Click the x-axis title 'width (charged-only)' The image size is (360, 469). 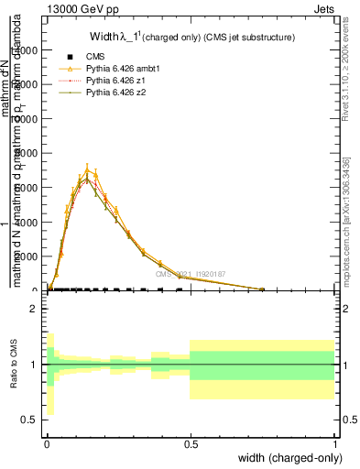pos(292,457)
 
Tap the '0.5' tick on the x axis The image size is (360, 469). pos(191,443)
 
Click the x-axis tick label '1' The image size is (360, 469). pos(334,443)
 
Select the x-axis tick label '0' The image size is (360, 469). pos(47,443)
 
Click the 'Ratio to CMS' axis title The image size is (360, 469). pos(14,365)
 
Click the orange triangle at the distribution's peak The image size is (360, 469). pos(87,169)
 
